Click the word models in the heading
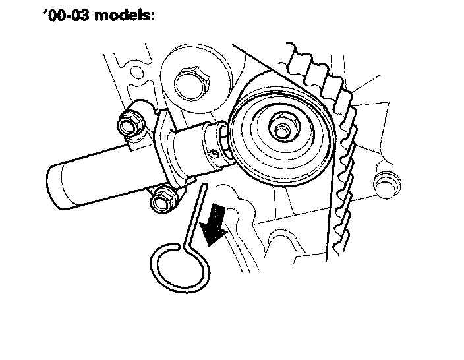(124, 15)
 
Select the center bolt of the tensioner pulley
(281, 129)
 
